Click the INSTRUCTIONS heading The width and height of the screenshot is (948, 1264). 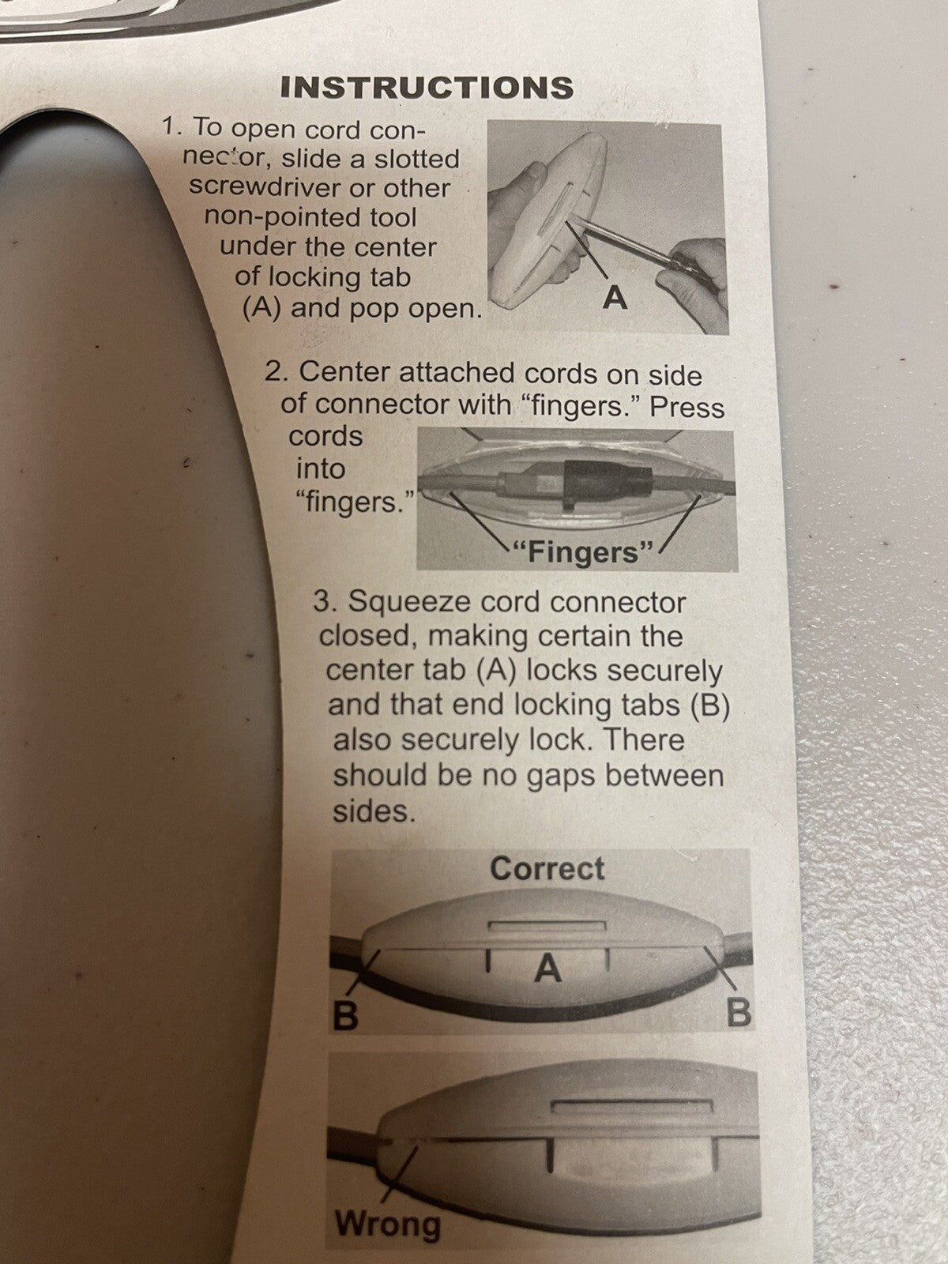tap(427, 87)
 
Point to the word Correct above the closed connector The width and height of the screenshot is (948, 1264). tap(547, 868)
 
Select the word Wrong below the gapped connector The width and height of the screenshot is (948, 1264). tap(389, 1222)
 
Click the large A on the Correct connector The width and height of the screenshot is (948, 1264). tap(547, 968)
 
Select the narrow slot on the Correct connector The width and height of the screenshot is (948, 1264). tap(547, 926)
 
